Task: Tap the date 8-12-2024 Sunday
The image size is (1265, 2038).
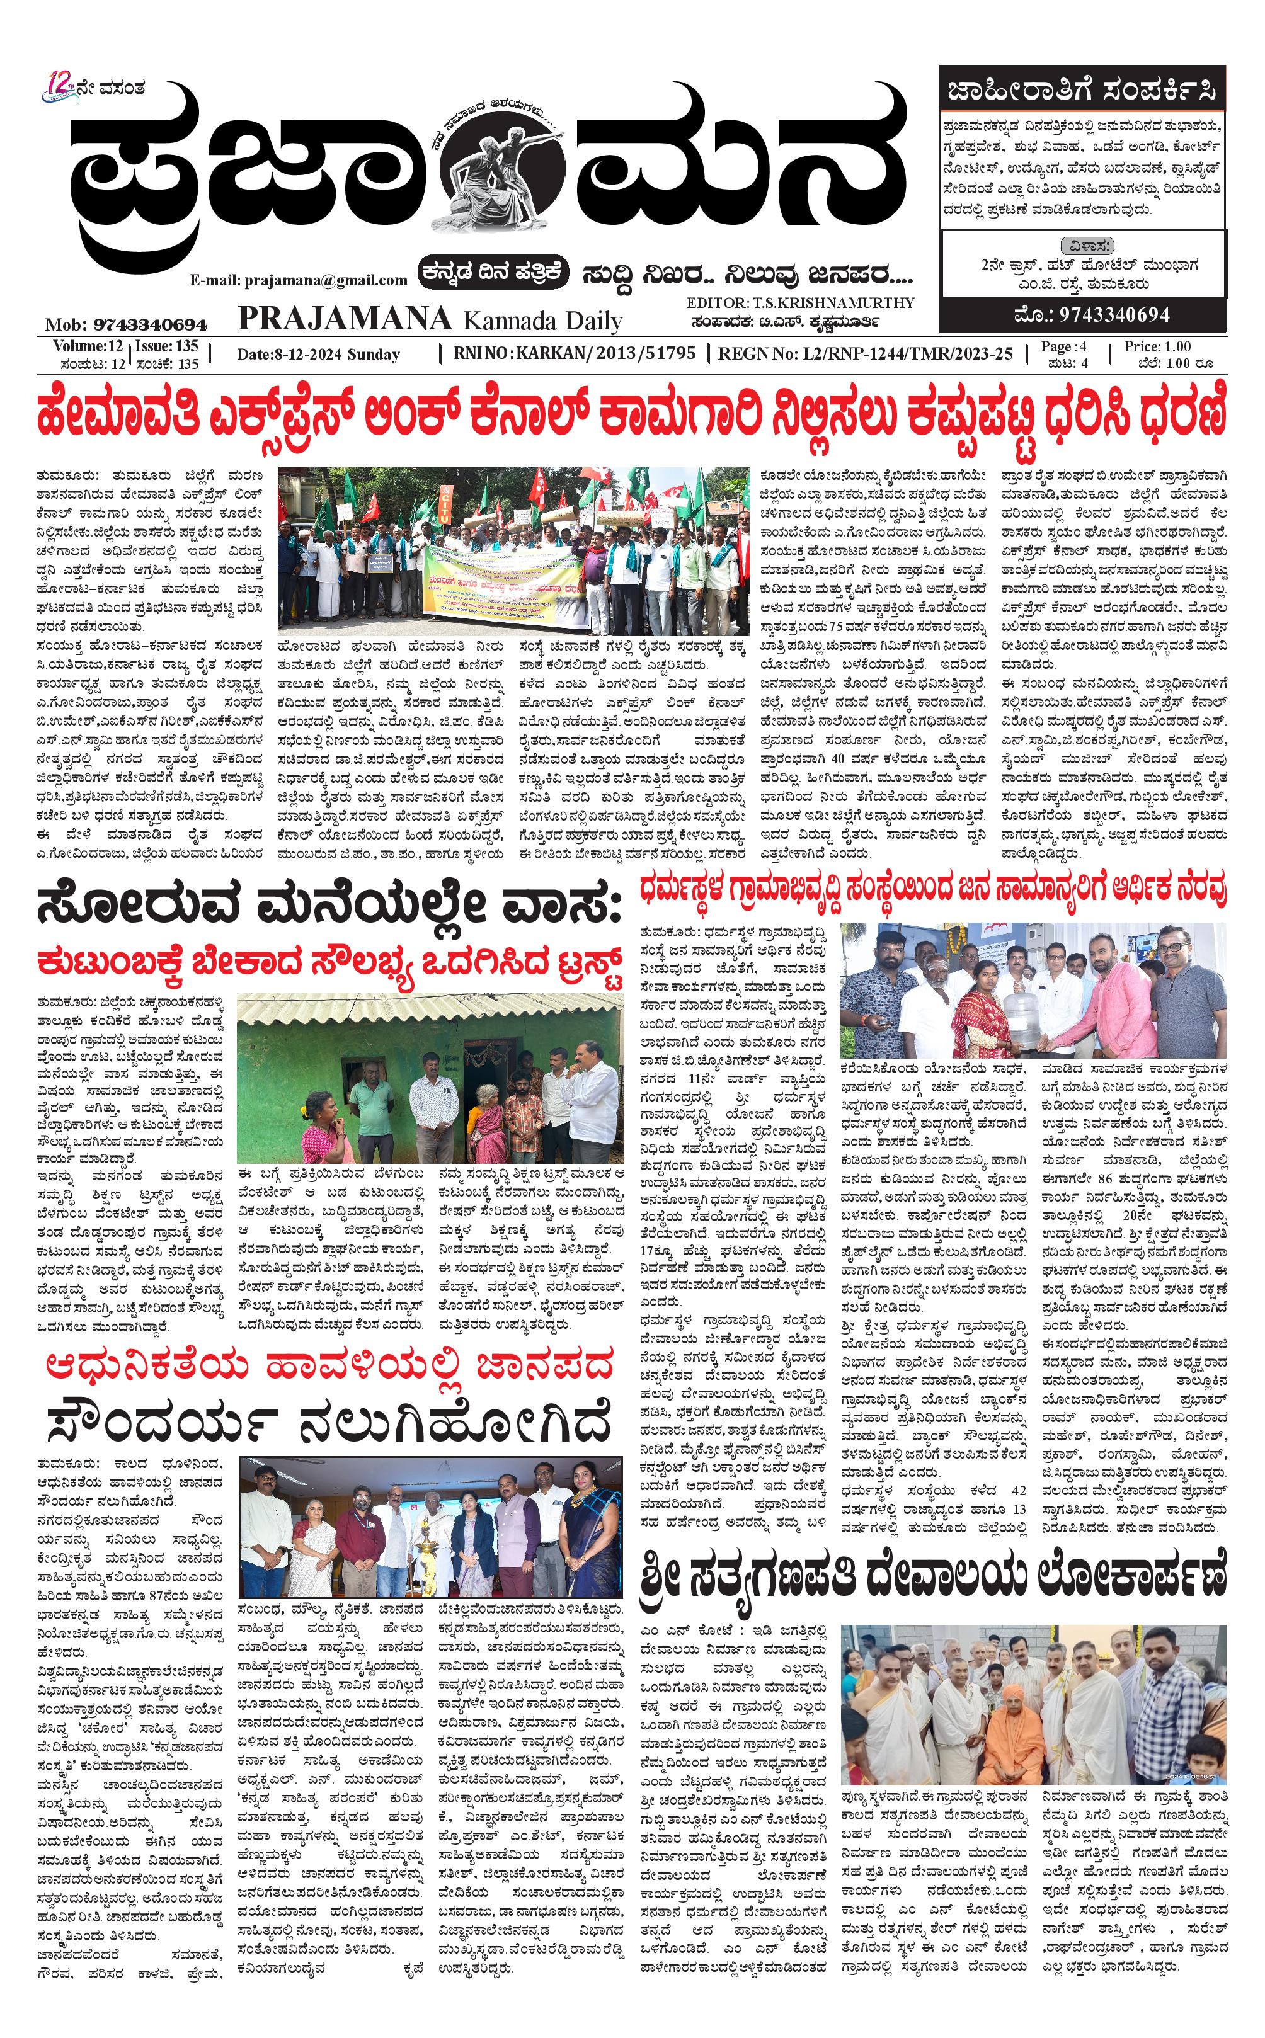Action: pyautogui.click(x=319, y=355)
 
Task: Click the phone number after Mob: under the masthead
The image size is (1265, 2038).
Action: pyautogui.click(x=151, y=324)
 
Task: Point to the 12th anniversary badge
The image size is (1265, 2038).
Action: pyautogui.click(x=60, y=87)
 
